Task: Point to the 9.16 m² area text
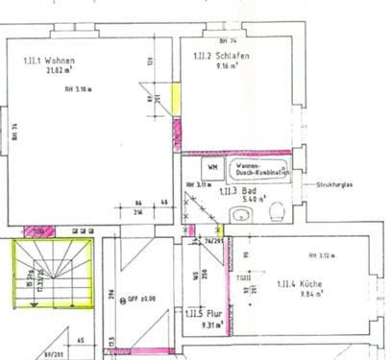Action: [227, 66]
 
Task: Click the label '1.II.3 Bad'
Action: [235, 192]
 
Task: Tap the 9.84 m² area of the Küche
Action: [289, 295]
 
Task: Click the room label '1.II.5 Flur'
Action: [199, 314]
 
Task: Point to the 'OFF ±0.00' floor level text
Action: [144, 299]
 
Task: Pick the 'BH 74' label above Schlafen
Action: [227, 42]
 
